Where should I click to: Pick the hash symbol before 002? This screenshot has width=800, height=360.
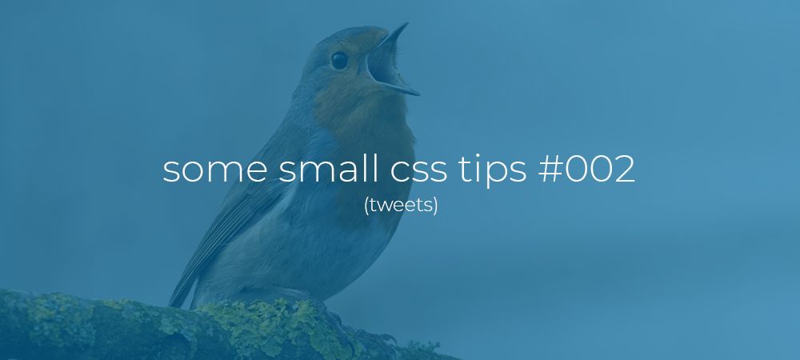click(x=547, y=170)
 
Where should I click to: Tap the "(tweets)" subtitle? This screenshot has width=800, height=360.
click(x=401, y=206)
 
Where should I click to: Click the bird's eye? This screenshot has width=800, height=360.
click(x=339, y=60)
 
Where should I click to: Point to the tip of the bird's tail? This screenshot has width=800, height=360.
click(x=171, y=305)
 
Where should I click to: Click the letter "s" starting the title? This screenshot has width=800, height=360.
click(x=170, y=170)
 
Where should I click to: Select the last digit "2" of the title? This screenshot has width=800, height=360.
click(x=624, y=170)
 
